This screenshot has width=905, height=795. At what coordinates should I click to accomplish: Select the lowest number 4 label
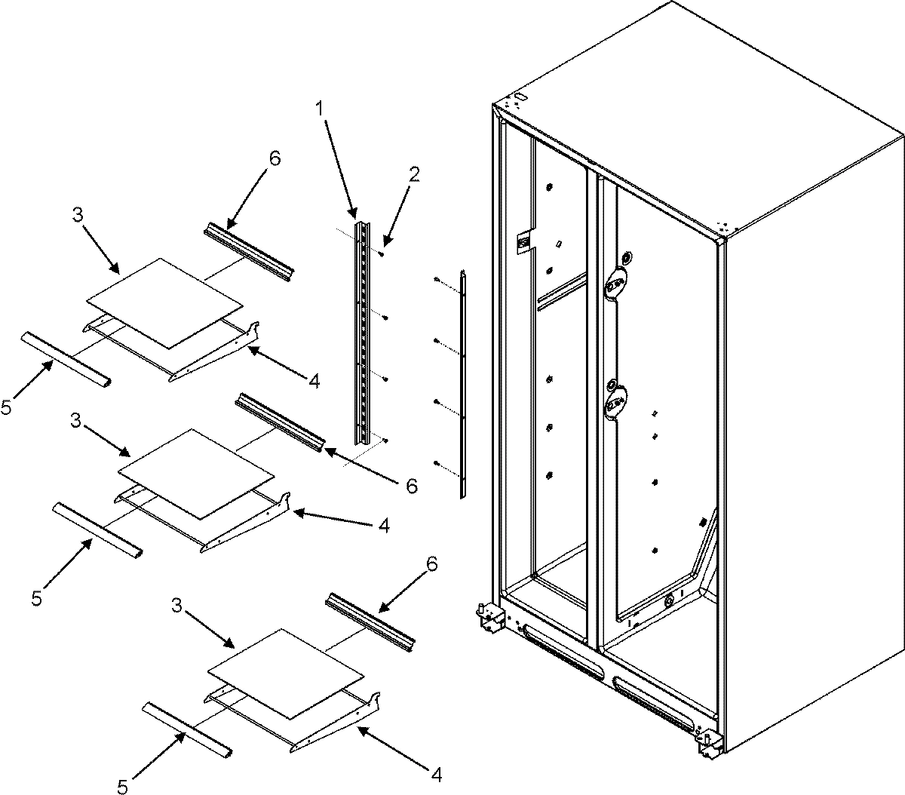coord(436,774)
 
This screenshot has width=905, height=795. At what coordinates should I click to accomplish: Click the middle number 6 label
coord(411,487)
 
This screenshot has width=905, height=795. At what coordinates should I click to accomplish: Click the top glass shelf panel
coord(165,302)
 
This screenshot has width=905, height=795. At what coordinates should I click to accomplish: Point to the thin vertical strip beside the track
coord(464,385)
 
